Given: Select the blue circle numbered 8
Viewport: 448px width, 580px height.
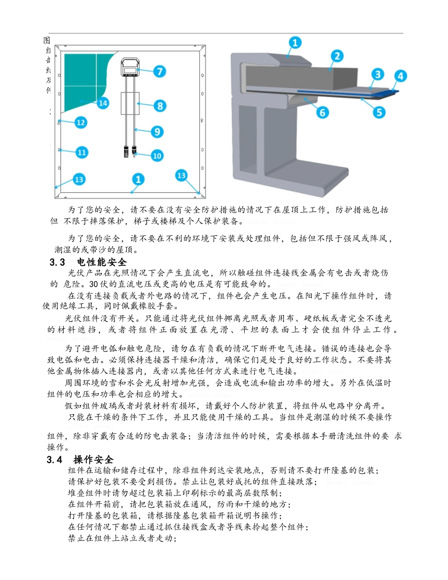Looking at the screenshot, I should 160,106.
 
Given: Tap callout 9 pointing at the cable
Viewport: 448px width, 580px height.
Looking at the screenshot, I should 158,132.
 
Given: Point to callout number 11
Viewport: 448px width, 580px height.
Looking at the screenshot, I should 82,152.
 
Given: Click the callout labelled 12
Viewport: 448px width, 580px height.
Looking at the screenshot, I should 81,123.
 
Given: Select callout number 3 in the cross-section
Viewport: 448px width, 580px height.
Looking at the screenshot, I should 377,74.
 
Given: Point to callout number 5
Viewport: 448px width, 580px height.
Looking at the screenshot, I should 379,112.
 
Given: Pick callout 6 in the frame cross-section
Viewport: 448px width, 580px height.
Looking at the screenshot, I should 323,112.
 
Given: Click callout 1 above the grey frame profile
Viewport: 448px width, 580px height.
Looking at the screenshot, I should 295,43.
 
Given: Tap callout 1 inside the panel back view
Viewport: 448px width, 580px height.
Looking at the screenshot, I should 138,179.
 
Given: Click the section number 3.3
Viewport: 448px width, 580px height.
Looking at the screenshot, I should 57,262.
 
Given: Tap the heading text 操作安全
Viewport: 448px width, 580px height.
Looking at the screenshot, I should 93,460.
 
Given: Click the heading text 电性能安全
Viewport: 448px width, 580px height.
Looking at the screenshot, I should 101,262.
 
